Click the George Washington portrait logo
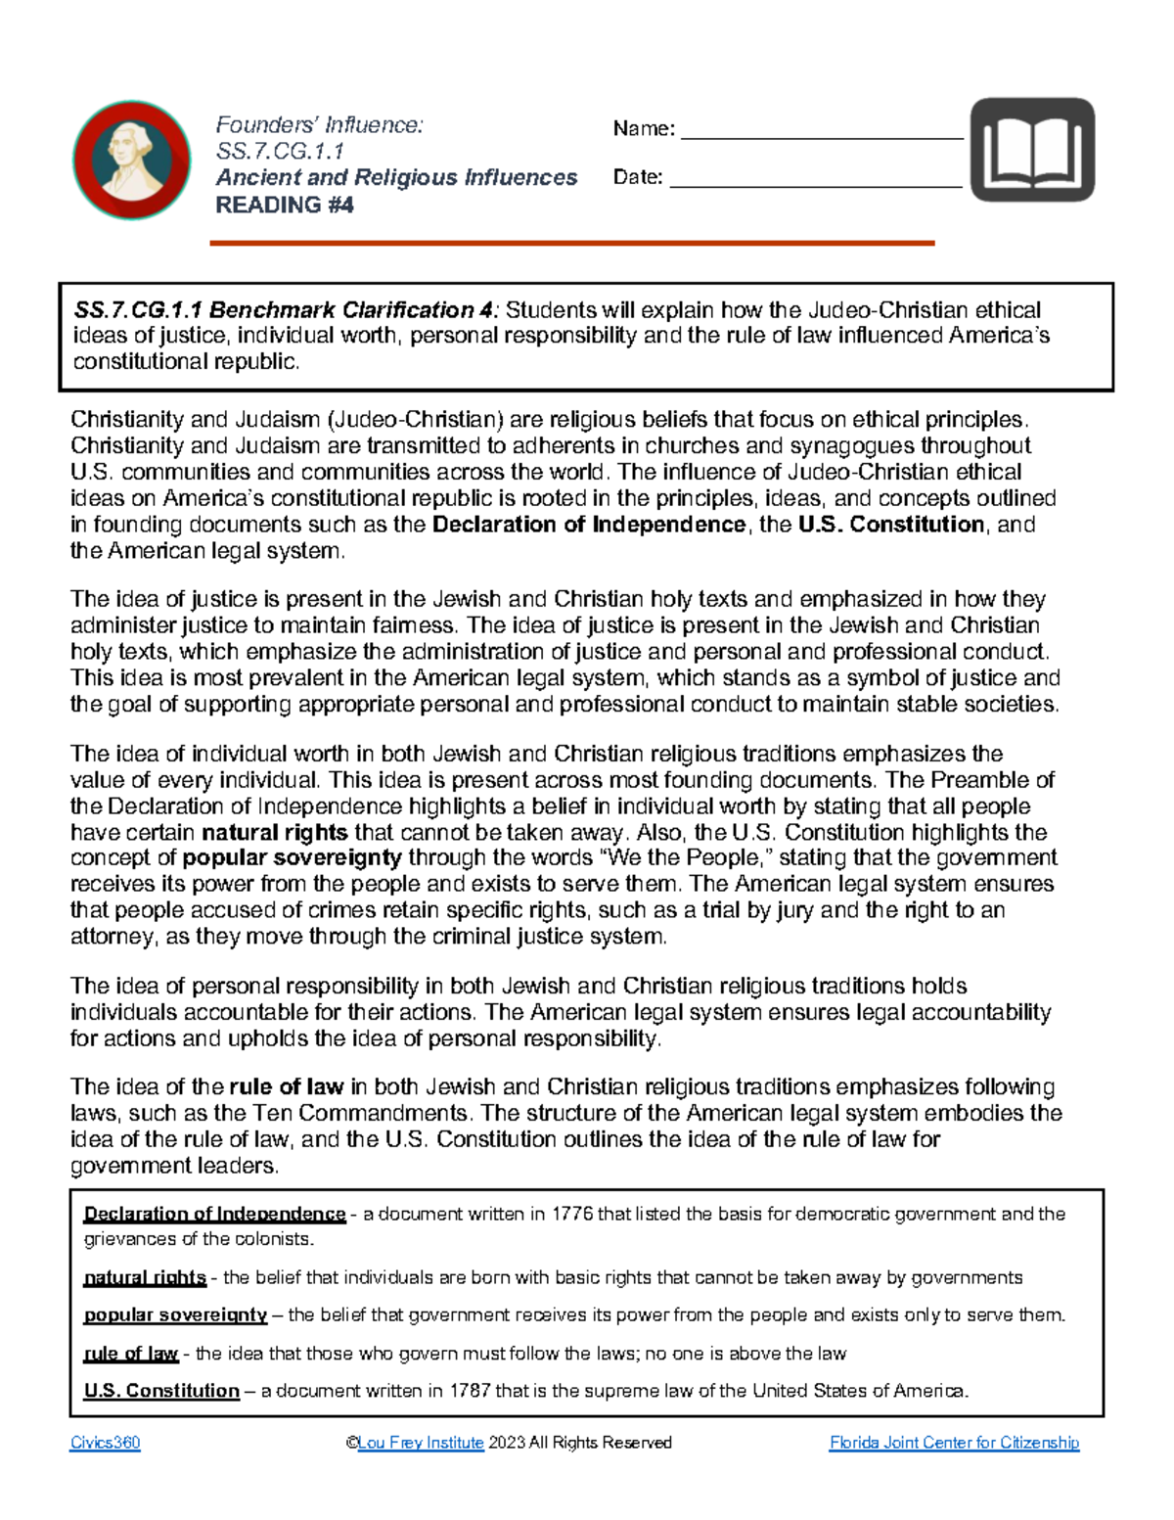pos(132,160)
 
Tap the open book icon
pos(1032,150)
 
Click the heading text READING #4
pos(284,205)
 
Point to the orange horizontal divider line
pos(572,243)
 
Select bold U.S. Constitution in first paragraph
pos(890,525)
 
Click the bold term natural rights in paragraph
pos(275,833)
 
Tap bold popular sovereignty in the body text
pos(293,858)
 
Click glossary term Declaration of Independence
pos(215,1214)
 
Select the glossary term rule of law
pos(131,1354)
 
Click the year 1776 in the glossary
pos(571,1214)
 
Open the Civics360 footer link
pos(105,1443)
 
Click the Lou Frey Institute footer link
pos(421,1443)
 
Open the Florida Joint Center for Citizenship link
pos(954,1443)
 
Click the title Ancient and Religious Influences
pos(396,178)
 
